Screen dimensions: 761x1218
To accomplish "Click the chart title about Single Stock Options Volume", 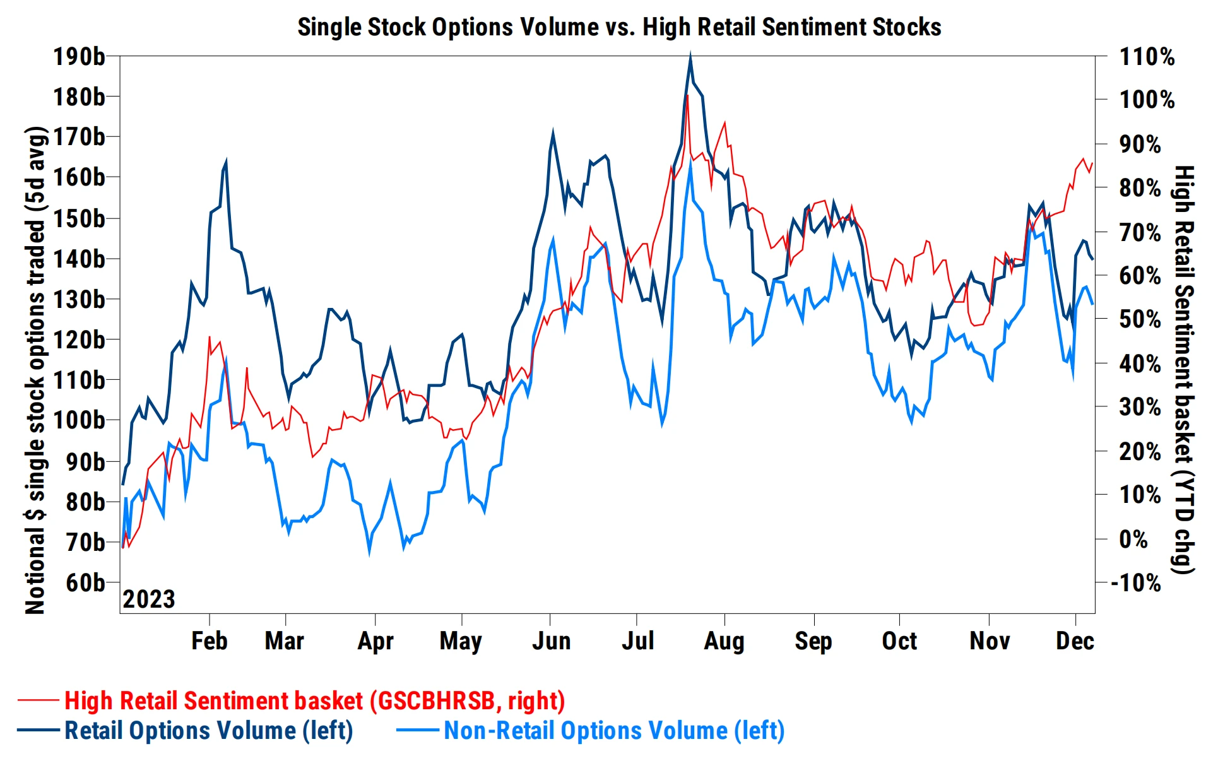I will point(619,27).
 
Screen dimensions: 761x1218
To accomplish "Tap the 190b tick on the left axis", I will point(79,57).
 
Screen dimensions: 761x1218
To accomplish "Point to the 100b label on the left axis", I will point(79,420).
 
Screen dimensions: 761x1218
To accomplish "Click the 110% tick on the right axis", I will point(1147,57).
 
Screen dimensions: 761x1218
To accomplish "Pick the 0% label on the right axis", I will point(1133,540).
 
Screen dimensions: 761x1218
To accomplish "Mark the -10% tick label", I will point(1136,583).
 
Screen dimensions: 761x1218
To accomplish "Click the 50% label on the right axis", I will point(1140,319).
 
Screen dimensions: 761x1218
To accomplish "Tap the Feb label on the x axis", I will point(209,641).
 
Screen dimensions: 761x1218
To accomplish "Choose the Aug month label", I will point(724,641).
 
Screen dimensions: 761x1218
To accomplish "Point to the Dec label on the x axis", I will point(1075,641).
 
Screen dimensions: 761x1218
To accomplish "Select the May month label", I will point(461,641).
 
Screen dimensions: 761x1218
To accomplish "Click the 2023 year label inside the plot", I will point(148,599).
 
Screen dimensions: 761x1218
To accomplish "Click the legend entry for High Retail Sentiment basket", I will point(314,701).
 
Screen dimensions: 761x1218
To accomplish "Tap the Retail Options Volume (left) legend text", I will point(208,731).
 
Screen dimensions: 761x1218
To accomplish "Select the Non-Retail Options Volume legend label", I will point(614,731).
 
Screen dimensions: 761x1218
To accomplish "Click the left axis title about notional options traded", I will point(36,370).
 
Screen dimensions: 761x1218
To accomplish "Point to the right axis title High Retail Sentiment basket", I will point(1184,370).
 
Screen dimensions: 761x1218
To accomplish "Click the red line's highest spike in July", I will point(687,96).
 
